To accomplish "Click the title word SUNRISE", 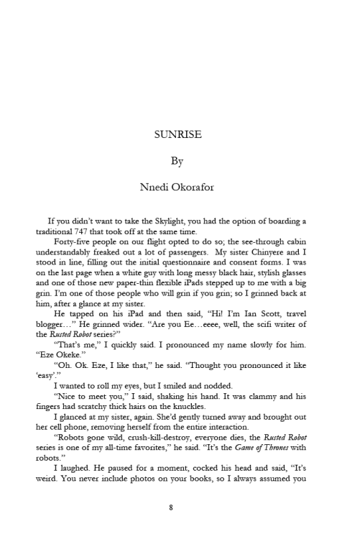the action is click(180, 133).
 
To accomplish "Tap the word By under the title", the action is click(180, 161).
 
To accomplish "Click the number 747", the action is click(101, 234).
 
